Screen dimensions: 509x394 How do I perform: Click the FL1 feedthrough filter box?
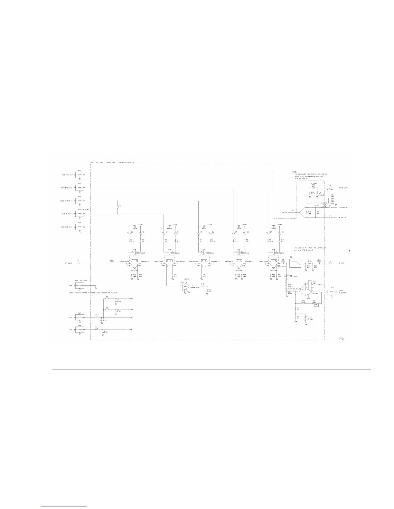click(80, 175)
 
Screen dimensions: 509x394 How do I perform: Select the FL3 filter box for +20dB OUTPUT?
click(80, 201)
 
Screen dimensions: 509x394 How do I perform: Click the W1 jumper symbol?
click(118, 207)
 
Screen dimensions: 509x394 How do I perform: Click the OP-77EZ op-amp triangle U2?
click(307, 292)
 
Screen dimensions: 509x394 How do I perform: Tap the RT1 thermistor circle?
click(306, 319)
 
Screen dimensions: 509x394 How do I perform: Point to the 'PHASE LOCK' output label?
click(343, 188)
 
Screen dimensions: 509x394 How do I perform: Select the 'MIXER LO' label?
click(342, 218)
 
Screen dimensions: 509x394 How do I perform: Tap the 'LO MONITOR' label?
click(342, 207)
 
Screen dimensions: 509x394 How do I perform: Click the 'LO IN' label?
click(285, 212)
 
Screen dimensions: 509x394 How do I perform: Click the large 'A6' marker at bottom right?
click(342, 338)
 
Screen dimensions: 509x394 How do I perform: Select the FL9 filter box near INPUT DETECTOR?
click(332, 292)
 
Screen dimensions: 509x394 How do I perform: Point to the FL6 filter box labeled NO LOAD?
click(80, 285)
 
